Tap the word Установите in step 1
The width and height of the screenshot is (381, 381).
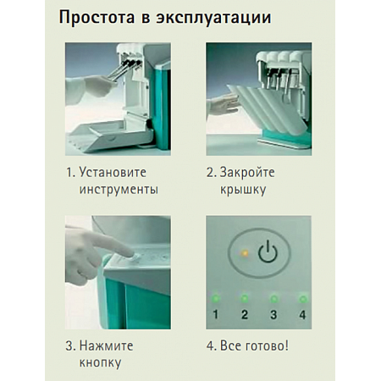118,173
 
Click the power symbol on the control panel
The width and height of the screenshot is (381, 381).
268,252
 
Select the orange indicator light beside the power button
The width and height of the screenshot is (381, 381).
245,252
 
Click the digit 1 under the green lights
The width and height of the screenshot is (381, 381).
216,315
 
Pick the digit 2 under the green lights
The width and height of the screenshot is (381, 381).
244,315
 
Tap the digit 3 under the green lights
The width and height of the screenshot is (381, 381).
273,315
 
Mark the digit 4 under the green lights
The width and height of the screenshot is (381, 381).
302,315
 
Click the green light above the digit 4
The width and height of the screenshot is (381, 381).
302,298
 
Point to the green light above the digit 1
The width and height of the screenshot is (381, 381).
216,298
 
